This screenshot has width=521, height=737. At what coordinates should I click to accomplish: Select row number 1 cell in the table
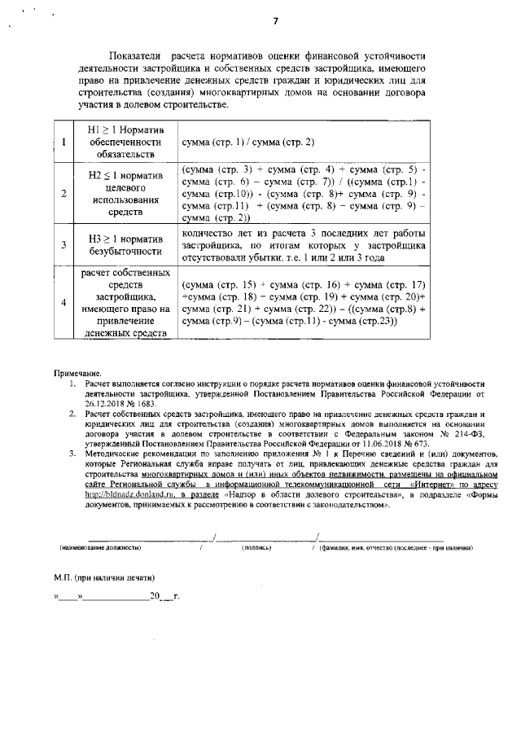63,143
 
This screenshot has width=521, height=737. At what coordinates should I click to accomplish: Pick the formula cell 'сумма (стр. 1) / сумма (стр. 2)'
250,143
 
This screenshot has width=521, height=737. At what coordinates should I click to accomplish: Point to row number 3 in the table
63,243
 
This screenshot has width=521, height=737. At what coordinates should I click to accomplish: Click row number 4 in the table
63,303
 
